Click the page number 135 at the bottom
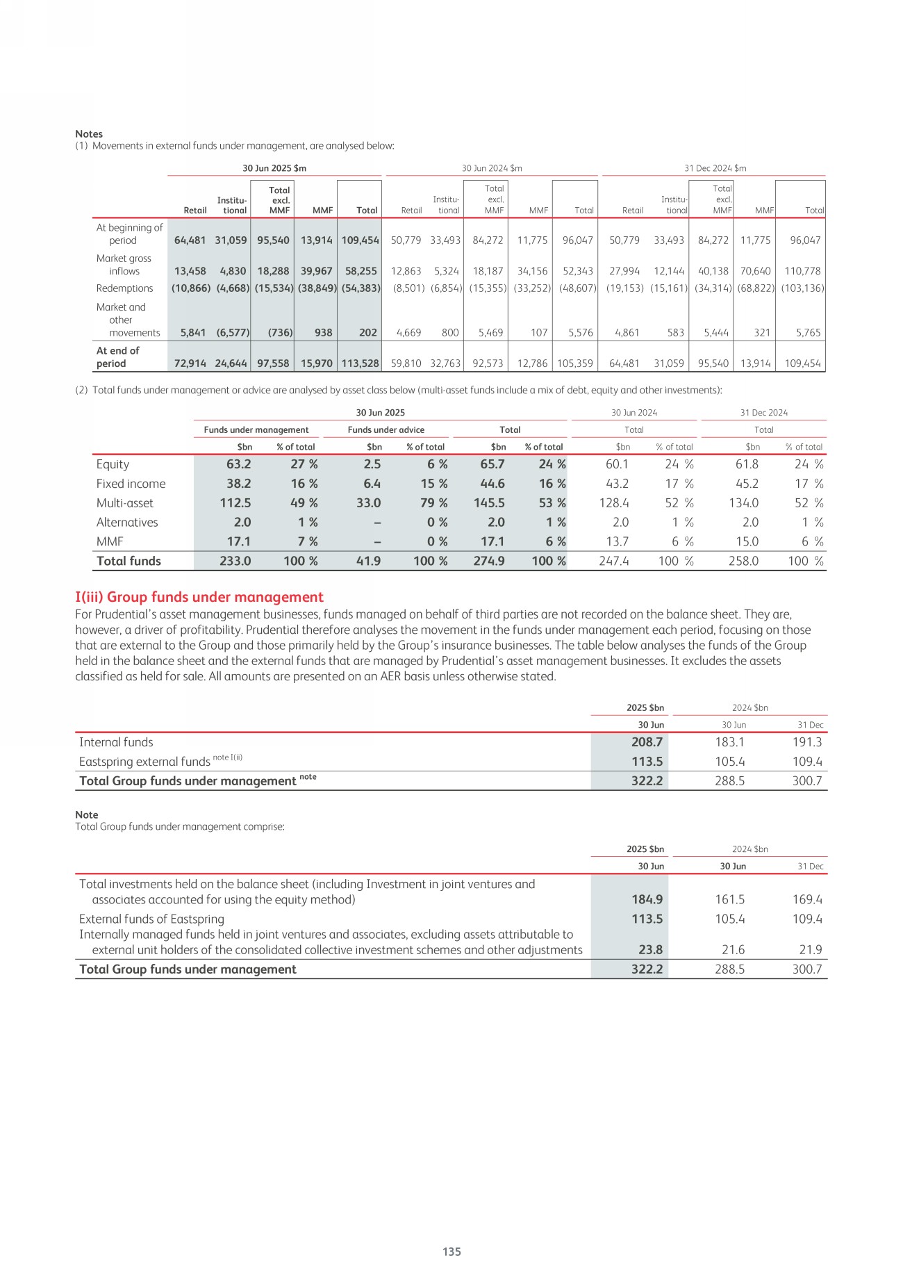click(451, 1251)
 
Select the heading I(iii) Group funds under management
click(199, 597)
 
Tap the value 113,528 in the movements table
click(360, 363)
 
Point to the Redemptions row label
click(124, 288)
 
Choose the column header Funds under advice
click(386, 429)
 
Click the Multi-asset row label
click(124, 503)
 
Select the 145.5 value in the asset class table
click(489, 503)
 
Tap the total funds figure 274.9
click(489, 561)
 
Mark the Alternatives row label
click(127, 523)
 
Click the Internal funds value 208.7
click(647, 742)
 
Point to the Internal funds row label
click(116, 742)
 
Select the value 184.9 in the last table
click(647, 899)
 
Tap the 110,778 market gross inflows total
click(802, 271)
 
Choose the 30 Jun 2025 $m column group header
click(274, 168)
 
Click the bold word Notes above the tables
click(89, 133)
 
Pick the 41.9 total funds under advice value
click(368, 561)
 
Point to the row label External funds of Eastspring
click(151, 919)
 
